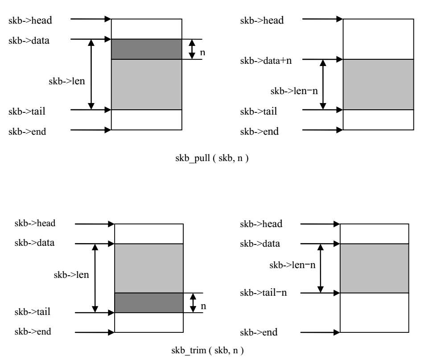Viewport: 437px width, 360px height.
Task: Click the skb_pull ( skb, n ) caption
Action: point(212,158)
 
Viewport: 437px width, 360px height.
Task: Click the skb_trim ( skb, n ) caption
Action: point(208,350)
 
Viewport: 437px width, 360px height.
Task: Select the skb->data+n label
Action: point(266,60)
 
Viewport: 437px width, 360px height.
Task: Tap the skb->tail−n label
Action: point(266,293)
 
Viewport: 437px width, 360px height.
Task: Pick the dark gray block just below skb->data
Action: point(146,49)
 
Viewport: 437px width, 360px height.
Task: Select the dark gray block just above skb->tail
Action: point(149,302)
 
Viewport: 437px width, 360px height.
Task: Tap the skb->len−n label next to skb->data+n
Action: point(294,91)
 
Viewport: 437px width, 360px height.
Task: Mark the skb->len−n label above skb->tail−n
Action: point(293,265)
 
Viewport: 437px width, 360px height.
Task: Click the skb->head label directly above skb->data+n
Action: point(262,21)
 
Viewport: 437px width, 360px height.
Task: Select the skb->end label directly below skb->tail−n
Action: point(259,333)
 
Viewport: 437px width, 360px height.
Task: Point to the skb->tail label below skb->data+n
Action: point(259,111)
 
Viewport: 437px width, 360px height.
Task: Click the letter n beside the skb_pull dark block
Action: point(202,52)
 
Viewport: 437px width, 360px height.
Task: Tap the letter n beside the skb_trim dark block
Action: point(203,306)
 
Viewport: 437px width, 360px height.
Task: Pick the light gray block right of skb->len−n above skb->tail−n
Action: point(374,268)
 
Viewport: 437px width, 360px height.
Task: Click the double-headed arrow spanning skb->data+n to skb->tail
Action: point(323,84)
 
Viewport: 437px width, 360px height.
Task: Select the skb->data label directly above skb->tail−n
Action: point(260,244)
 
